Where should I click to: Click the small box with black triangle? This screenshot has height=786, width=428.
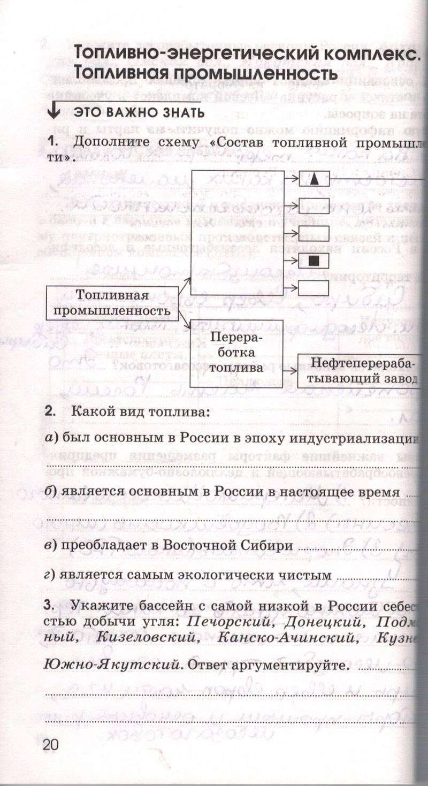tap(314, 179)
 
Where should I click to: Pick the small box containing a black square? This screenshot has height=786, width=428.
tap(314, 261)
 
